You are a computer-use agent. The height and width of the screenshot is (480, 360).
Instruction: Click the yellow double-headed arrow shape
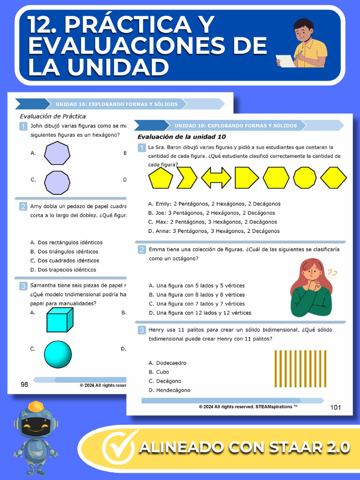[216, 178]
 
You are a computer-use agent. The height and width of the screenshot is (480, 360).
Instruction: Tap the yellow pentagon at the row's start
[161, 178]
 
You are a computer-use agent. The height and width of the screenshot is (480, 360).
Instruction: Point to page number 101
[336, 408]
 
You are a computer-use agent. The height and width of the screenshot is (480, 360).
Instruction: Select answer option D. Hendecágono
[169, 390]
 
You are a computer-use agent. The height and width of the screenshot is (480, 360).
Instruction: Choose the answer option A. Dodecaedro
[168, 363]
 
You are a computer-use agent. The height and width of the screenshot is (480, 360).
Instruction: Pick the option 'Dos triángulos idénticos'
[64, 252]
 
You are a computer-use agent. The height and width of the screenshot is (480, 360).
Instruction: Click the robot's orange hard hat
[36, 407]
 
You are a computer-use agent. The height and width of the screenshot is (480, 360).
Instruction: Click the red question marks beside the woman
[332, 274]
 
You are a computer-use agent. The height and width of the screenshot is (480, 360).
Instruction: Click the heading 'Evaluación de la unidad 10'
[178, 137]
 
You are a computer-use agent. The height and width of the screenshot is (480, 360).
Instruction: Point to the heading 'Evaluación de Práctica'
[53, 116]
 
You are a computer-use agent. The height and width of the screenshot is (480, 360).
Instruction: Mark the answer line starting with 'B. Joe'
[212, 213]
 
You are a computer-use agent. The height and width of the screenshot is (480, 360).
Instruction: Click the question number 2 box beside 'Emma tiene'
[142, 250]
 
